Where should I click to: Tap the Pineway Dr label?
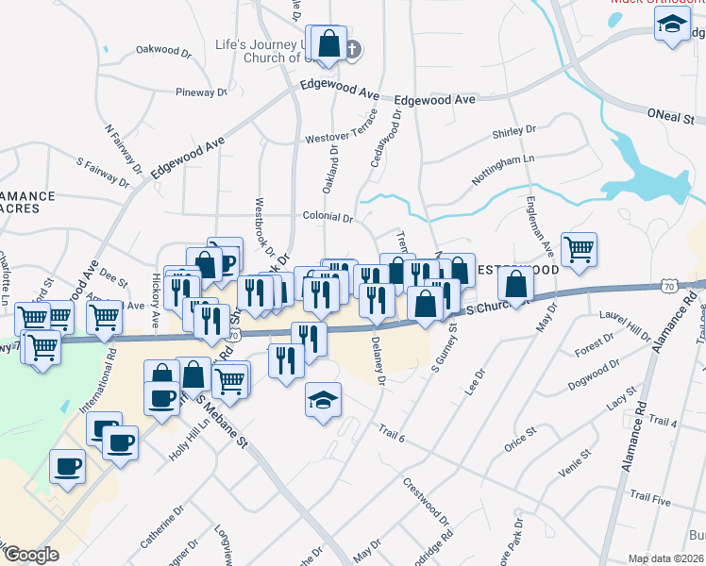201,92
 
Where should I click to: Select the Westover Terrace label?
341,138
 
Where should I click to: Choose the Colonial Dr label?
328,217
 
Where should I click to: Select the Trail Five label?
649,496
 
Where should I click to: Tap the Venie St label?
575,464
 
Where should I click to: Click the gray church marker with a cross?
351,49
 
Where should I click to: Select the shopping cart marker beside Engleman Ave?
579,249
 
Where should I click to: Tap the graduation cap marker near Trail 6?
322,400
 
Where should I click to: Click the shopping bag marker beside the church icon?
328,42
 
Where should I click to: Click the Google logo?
31,555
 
